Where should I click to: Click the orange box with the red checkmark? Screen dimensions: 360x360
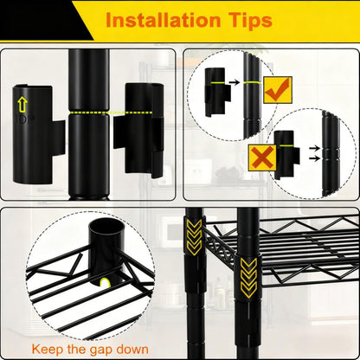coord(277,89)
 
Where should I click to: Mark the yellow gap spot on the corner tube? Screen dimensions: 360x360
coord(106,283)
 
